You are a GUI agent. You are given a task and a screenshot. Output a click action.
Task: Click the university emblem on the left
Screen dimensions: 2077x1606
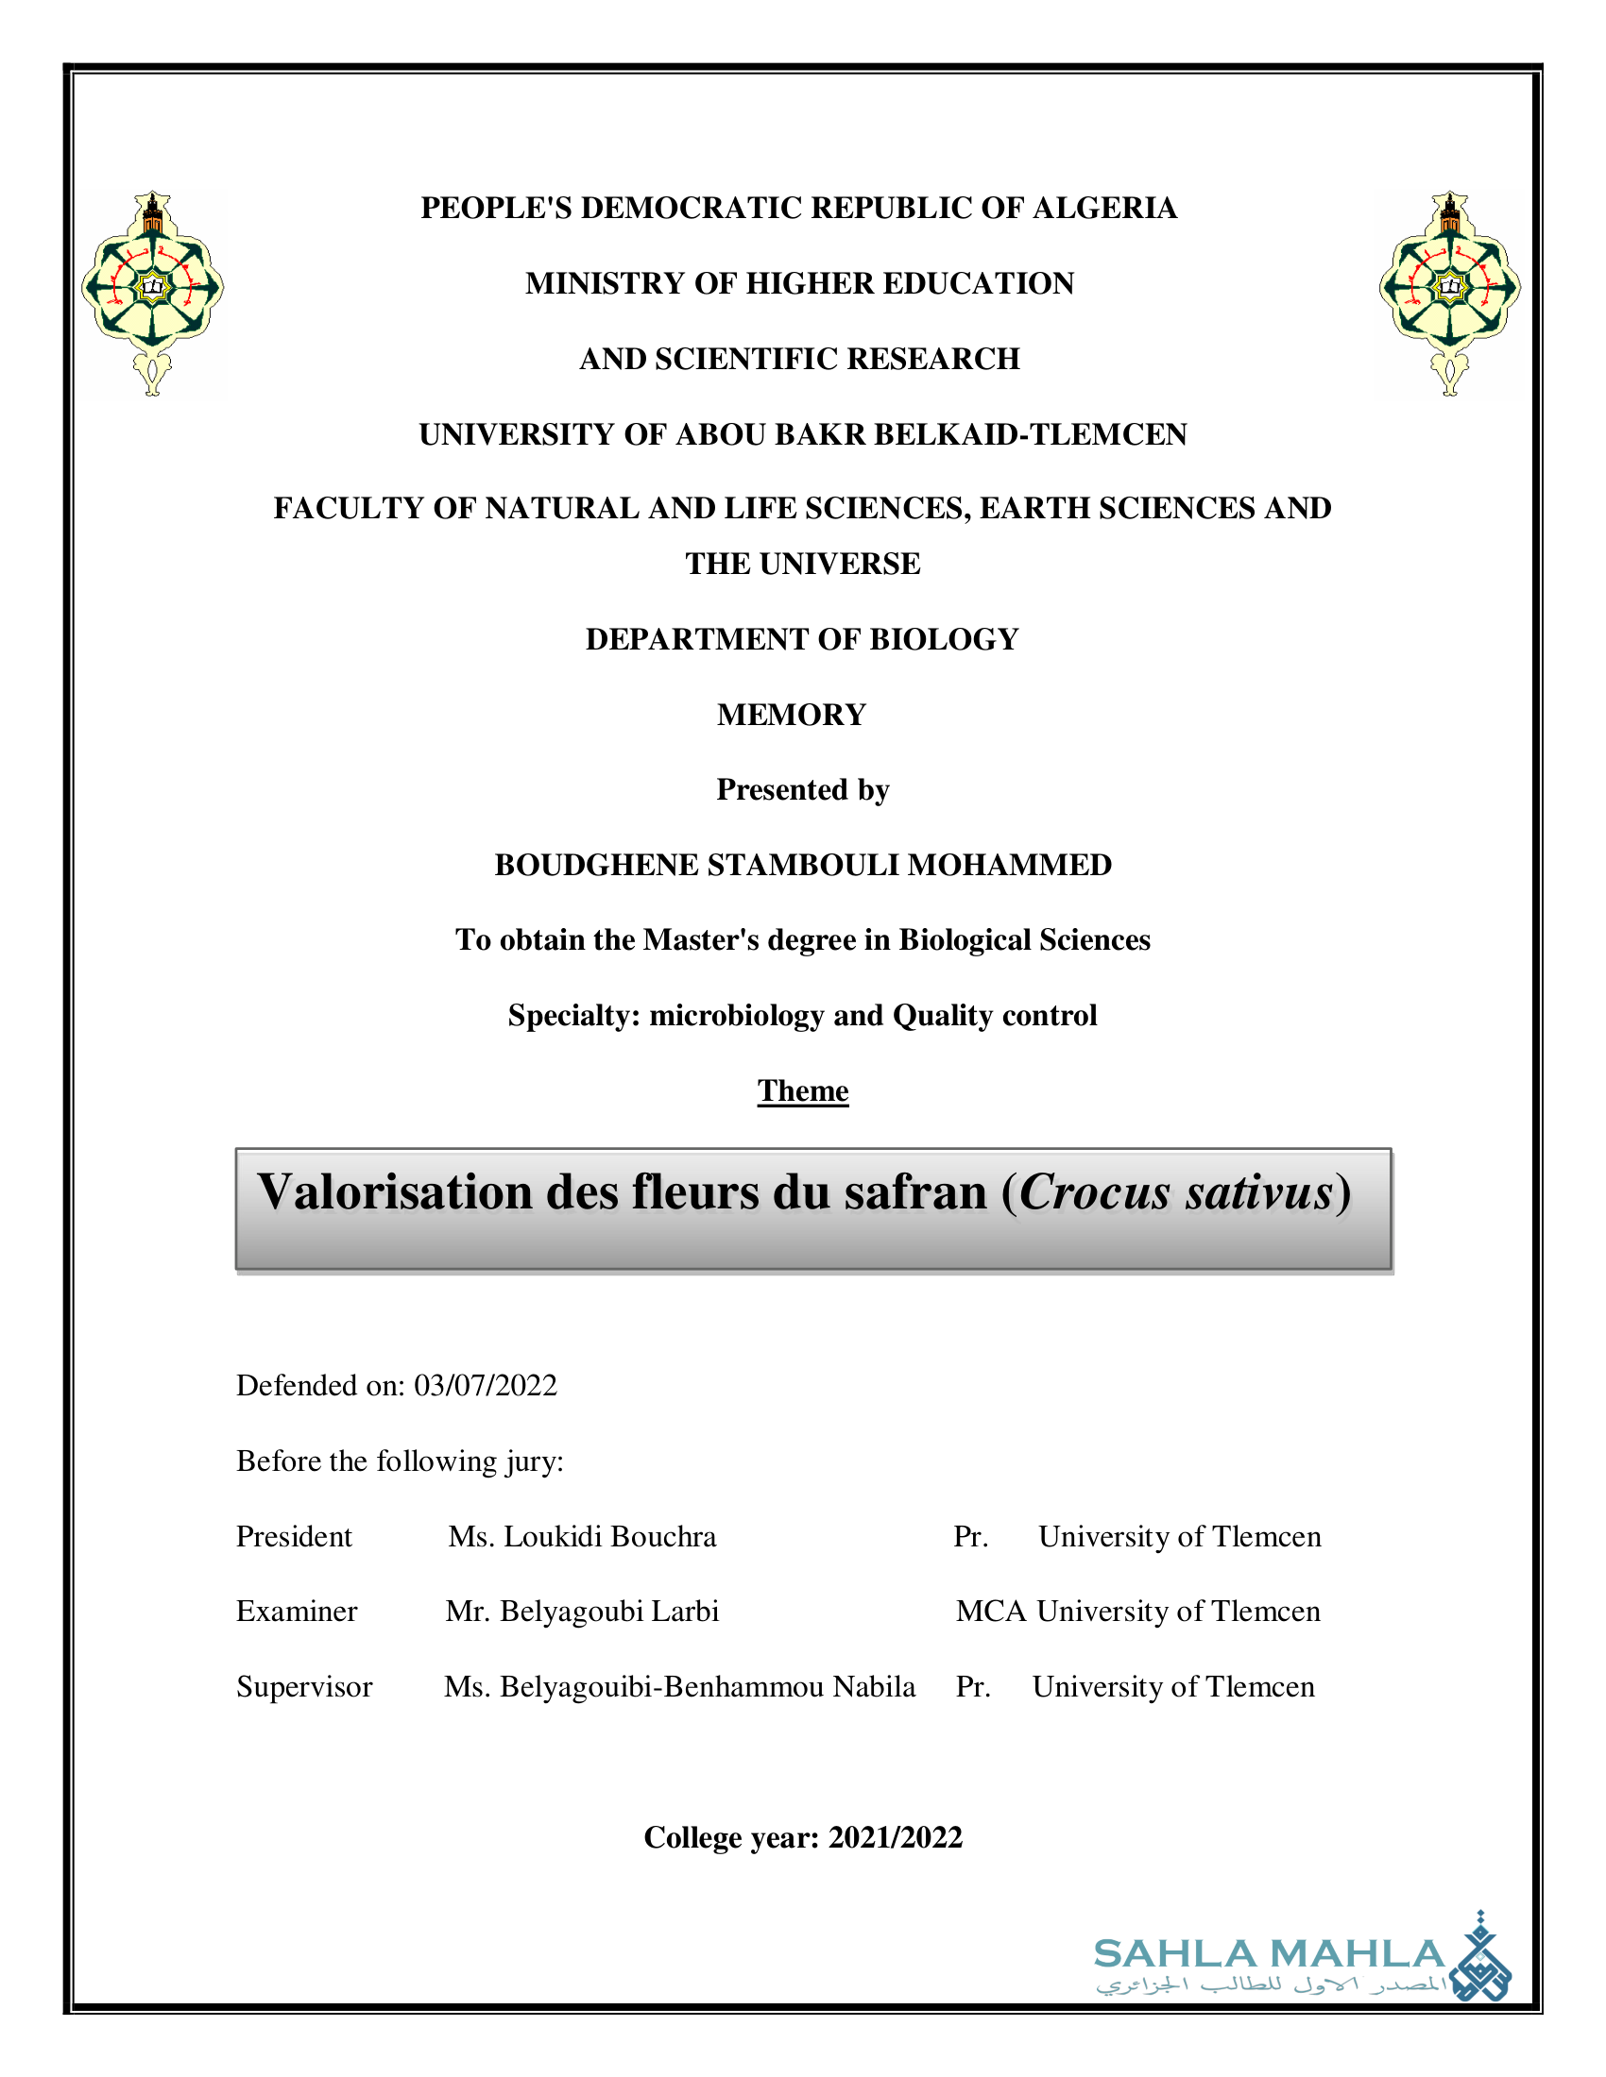(x=152, y=292)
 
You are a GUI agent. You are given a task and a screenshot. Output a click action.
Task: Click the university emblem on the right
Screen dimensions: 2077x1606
(x=1449, y=292)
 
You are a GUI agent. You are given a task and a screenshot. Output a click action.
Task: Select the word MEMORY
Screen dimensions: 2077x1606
(x=792, y=716)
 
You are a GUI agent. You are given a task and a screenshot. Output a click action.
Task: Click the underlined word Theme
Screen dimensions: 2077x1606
(x=803, y=1090)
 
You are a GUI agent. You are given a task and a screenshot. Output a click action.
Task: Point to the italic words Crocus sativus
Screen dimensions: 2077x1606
(x=1176, y=1192)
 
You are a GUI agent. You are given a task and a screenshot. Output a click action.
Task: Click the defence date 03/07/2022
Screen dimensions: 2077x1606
(x=486, y=1386)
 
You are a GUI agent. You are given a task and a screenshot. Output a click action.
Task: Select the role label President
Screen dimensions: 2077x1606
(x=294, y=1537)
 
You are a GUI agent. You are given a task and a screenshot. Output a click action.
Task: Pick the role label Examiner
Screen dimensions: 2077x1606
(x=297, y=1612)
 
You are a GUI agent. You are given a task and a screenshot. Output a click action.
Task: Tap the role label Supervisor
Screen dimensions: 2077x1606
(x=304, y=1687)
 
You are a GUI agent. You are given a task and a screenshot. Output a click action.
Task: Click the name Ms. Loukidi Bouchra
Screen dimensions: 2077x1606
(x=582, y=1537)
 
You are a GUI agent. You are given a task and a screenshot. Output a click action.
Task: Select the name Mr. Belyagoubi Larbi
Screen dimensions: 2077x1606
(x=582, y=1612)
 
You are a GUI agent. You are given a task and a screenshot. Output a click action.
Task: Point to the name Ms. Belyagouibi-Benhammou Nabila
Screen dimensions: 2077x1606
(x=679, y=1687)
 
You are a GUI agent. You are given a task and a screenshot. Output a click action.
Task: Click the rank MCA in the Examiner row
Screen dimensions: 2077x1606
(x=990, y=1612)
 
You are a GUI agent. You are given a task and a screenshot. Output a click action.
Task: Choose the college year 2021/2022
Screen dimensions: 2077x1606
(x=896, y=1837)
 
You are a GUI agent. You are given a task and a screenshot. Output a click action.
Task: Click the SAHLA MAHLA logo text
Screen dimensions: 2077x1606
(x=1269, y=1954)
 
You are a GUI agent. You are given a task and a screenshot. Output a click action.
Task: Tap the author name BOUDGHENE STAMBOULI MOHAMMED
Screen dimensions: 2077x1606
(x=803, y=866)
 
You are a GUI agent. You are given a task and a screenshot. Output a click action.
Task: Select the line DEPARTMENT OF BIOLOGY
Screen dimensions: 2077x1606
(x=802, y=640)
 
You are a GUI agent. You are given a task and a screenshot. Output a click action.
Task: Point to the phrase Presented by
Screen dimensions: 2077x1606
(x=803, y=790)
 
